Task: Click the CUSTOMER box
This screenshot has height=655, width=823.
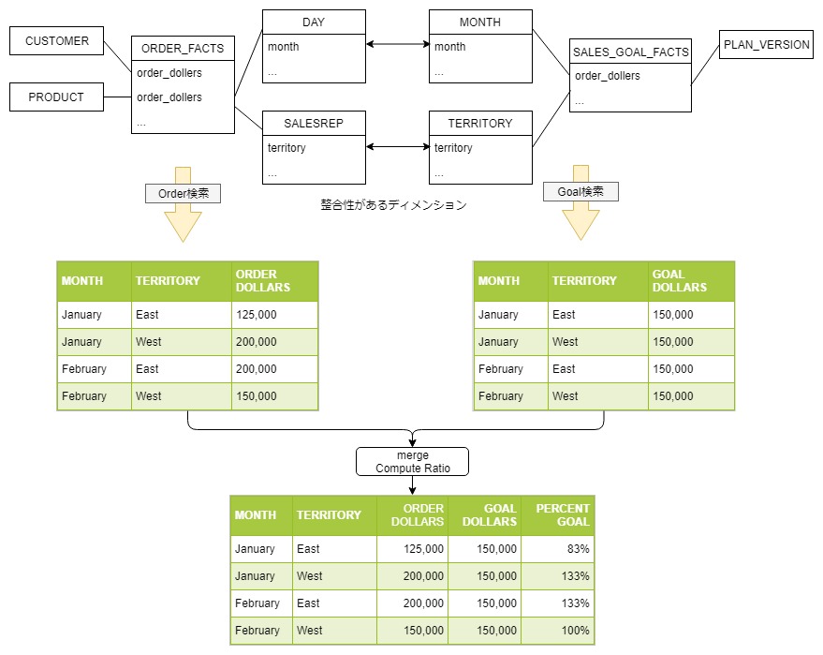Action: [57, 40]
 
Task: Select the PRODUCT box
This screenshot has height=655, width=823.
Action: [57, 97]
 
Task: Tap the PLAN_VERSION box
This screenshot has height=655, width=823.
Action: [766, 45]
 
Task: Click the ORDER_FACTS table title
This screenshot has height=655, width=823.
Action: [183, 49]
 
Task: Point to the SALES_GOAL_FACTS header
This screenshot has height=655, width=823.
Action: [630, 52]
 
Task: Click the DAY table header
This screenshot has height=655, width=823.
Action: [314, 22]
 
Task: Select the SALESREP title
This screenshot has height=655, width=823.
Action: [314, 124]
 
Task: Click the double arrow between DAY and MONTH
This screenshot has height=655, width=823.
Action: [398, 44]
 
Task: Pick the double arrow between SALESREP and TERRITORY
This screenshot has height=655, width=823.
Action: [398, 146]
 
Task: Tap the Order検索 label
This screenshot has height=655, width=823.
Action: [184, 193]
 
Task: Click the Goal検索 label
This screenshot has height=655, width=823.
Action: [581, 192]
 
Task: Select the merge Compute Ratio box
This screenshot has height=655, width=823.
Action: [413, 462]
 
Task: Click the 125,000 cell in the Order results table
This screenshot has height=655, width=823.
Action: [274, 315]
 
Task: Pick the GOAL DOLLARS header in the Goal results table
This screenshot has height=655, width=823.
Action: [691, 281]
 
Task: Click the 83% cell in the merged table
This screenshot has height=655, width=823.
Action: [558, 549]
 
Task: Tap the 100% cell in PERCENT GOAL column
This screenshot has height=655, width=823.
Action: [558, 631]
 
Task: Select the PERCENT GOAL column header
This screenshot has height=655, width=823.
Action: [558, 515]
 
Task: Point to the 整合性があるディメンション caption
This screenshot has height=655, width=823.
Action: [393, 205]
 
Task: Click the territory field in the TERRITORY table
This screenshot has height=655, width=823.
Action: [453, 148]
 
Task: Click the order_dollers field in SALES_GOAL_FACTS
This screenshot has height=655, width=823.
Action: [608, 76]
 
